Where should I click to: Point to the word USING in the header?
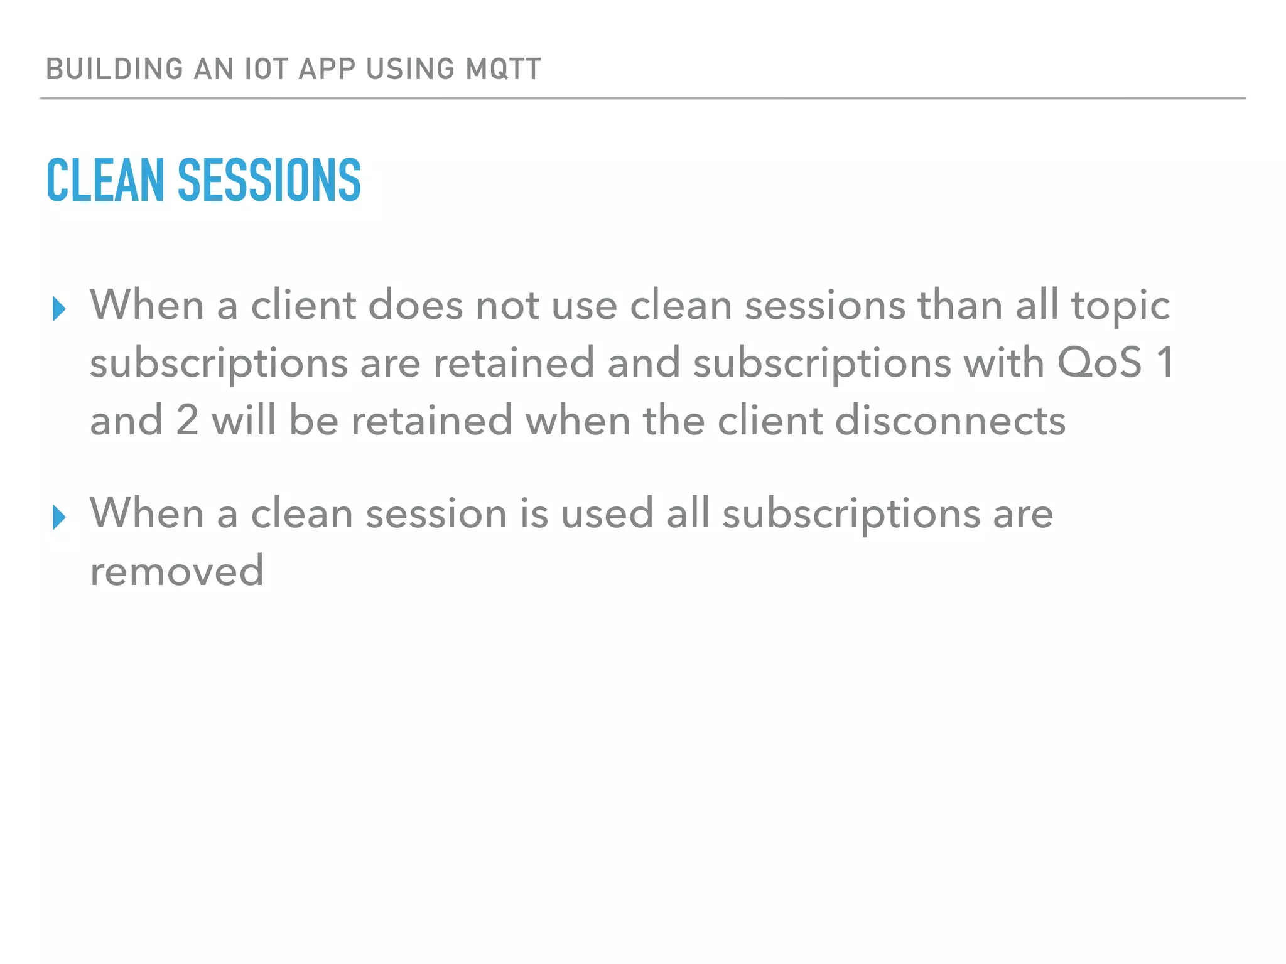[410, 69]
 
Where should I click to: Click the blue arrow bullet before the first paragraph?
[59, 309]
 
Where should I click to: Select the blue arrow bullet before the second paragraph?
[59, 517]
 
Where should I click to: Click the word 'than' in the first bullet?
[960, 306]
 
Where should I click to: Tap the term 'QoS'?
[1099, 363]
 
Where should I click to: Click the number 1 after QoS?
[1165, 363]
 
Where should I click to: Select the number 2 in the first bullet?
[187, 420]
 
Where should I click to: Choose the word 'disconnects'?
[950, 420]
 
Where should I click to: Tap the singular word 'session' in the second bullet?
[436, 514]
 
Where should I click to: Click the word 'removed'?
[176, 572]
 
